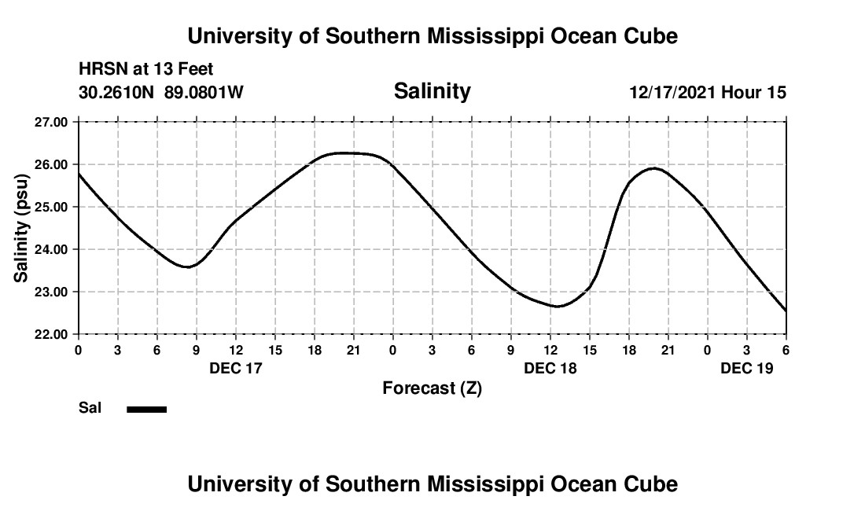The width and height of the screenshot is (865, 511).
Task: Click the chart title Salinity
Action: point(432,91)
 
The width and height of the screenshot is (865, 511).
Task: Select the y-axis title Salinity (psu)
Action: point(22,228)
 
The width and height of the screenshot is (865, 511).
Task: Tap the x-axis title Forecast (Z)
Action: point(432,388)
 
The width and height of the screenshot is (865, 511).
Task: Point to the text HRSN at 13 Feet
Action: point(145,70)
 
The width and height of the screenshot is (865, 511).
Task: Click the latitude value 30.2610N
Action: point(117,93)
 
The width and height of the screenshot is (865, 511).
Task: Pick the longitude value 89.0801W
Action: point(204,93)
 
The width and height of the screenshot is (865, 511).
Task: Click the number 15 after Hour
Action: point(776,93)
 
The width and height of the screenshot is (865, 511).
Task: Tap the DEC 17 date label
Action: point(235,367)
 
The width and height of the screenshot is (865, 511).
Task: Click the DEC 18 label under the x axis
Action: point(550,367)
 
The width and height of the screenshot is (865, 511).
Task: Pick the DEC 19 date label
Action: point(746,367)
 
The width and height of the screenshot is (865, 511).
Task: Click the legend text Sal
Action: point(90,408)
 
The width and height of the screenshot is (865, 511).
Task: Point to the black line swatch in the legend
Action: point(147,409)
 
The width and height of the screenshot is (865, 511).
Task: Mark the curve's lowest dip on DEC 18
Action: point(558,306)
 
